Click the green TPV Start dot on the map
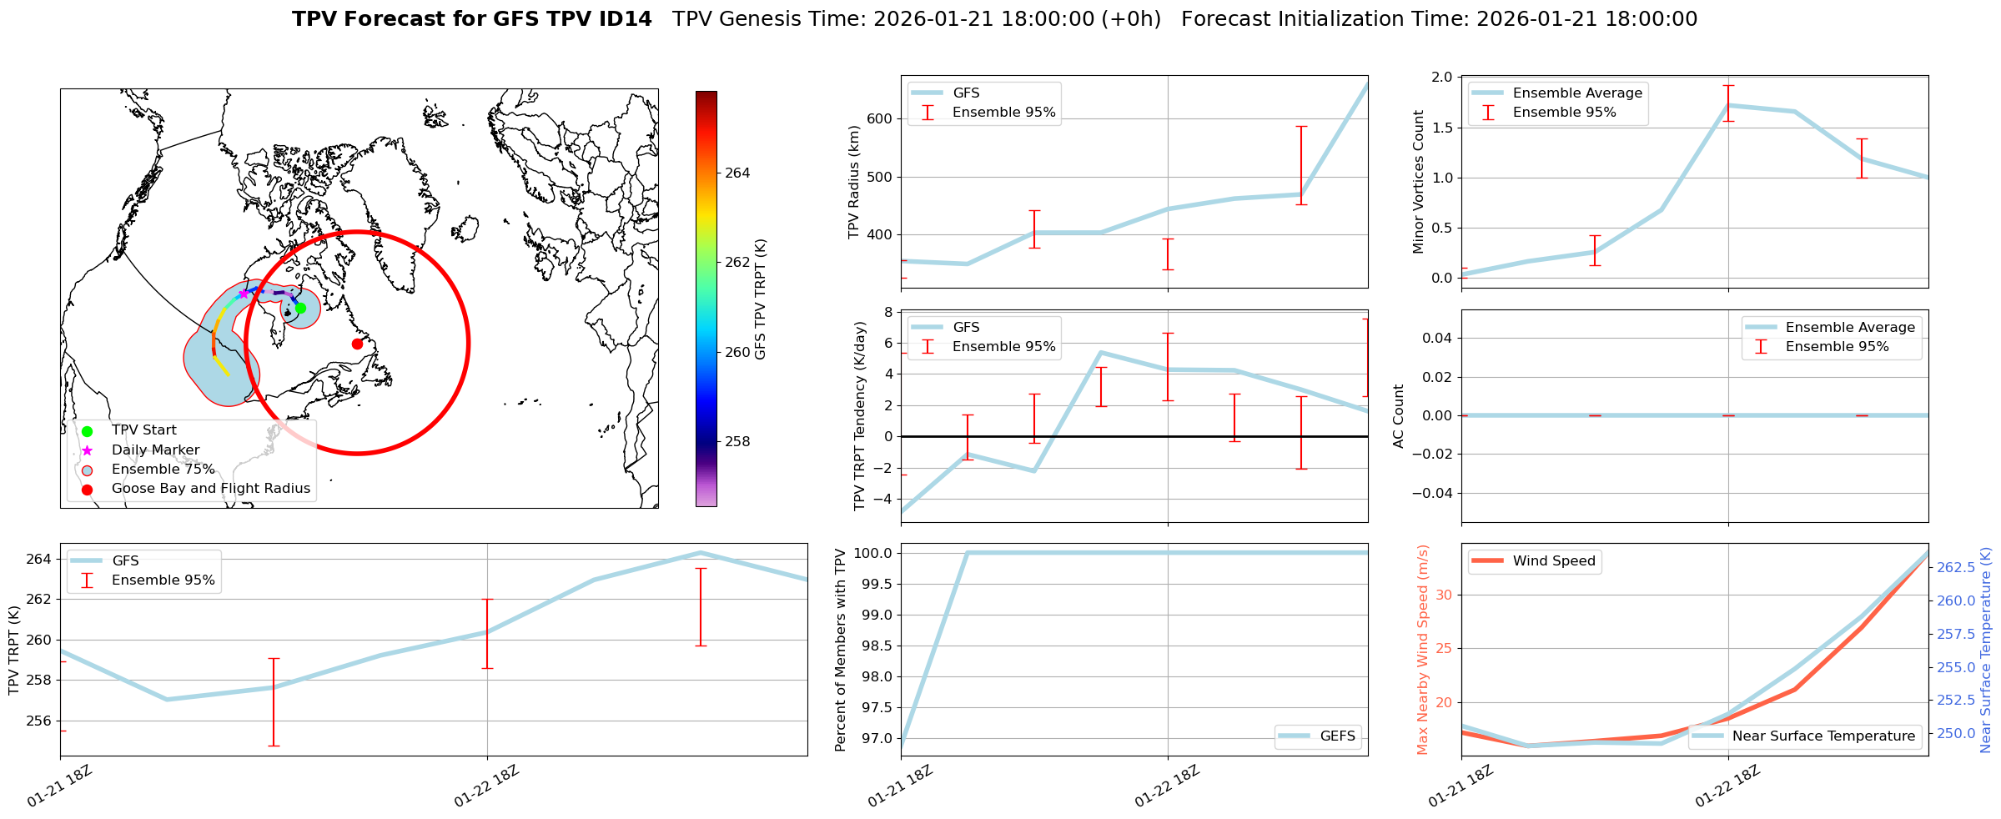click(300, 308)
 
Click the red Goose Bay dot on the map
click(357, 344)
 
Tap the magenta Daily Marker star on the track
click(244, 294)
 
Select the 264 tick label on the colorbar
click(737, 173)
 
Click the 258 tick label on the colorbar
click(737, 441)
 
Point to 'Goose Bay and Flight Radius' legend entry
click(210, 489)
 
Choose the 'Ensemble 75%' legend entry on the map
click(163, 470)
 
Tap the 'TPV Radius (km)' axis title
click(853, 182)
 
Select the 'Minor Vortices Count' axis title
click(1419, 182)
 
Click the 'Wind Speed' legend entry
click(1553, 561)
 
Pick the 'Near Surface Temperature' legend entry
click(1823, 736)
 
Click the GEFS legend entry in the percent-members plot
click(1337, 736)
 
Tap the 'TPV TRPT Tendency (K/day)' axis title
click(860, 415)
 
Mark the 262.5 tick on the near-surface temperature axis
click(1955, 567)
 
